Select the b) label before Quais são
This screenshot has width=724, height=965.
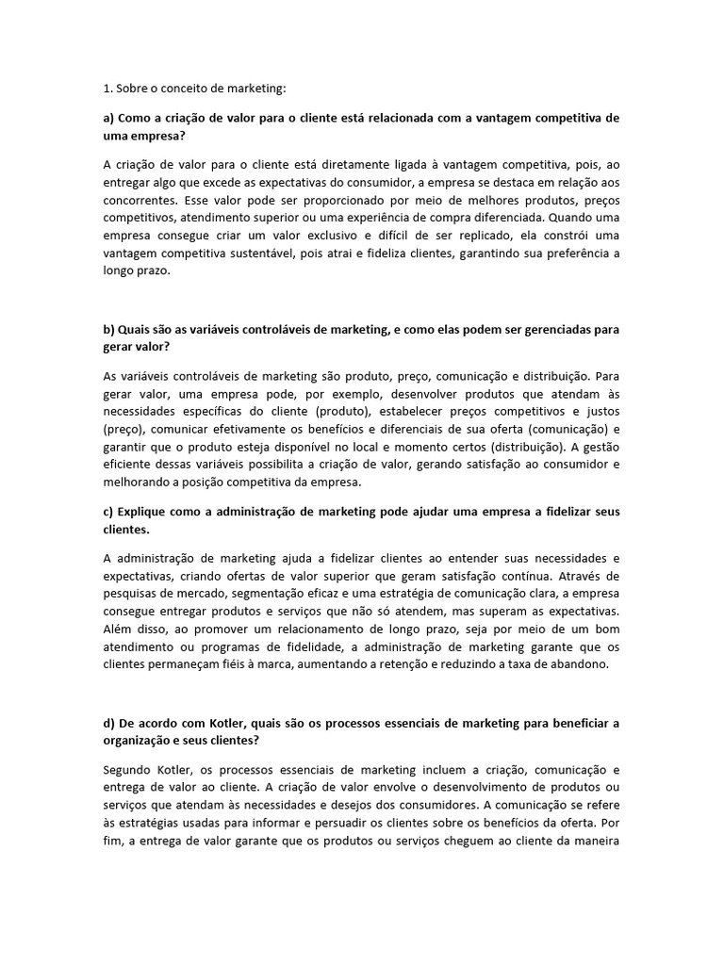point(109,329)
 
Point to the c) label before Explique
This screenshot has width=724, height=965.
point(109,511)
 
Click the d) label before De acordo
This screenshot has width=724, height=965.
point(109,723)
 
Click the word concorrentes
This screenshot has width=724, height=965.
point(139,202)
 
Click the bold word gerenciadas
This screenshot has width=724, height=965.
point(551,329)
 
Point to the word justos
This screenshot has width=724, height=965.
point(598,411)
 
